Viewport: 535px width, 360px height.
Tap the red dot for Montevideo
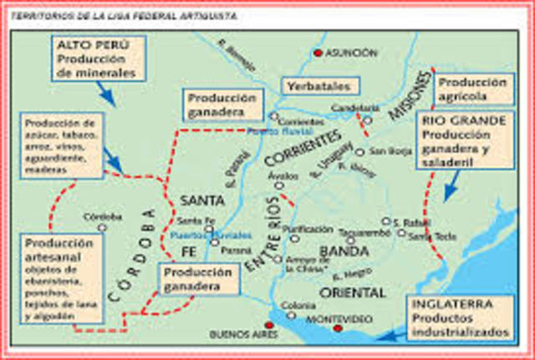tap(337, 329)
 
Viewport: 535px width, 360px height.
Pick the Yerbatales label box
tap(319, 86)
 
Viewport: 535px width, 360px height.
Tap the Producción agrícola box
tap(472, 89)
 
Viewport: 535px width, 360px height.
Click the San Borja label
tap(385, 152)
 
